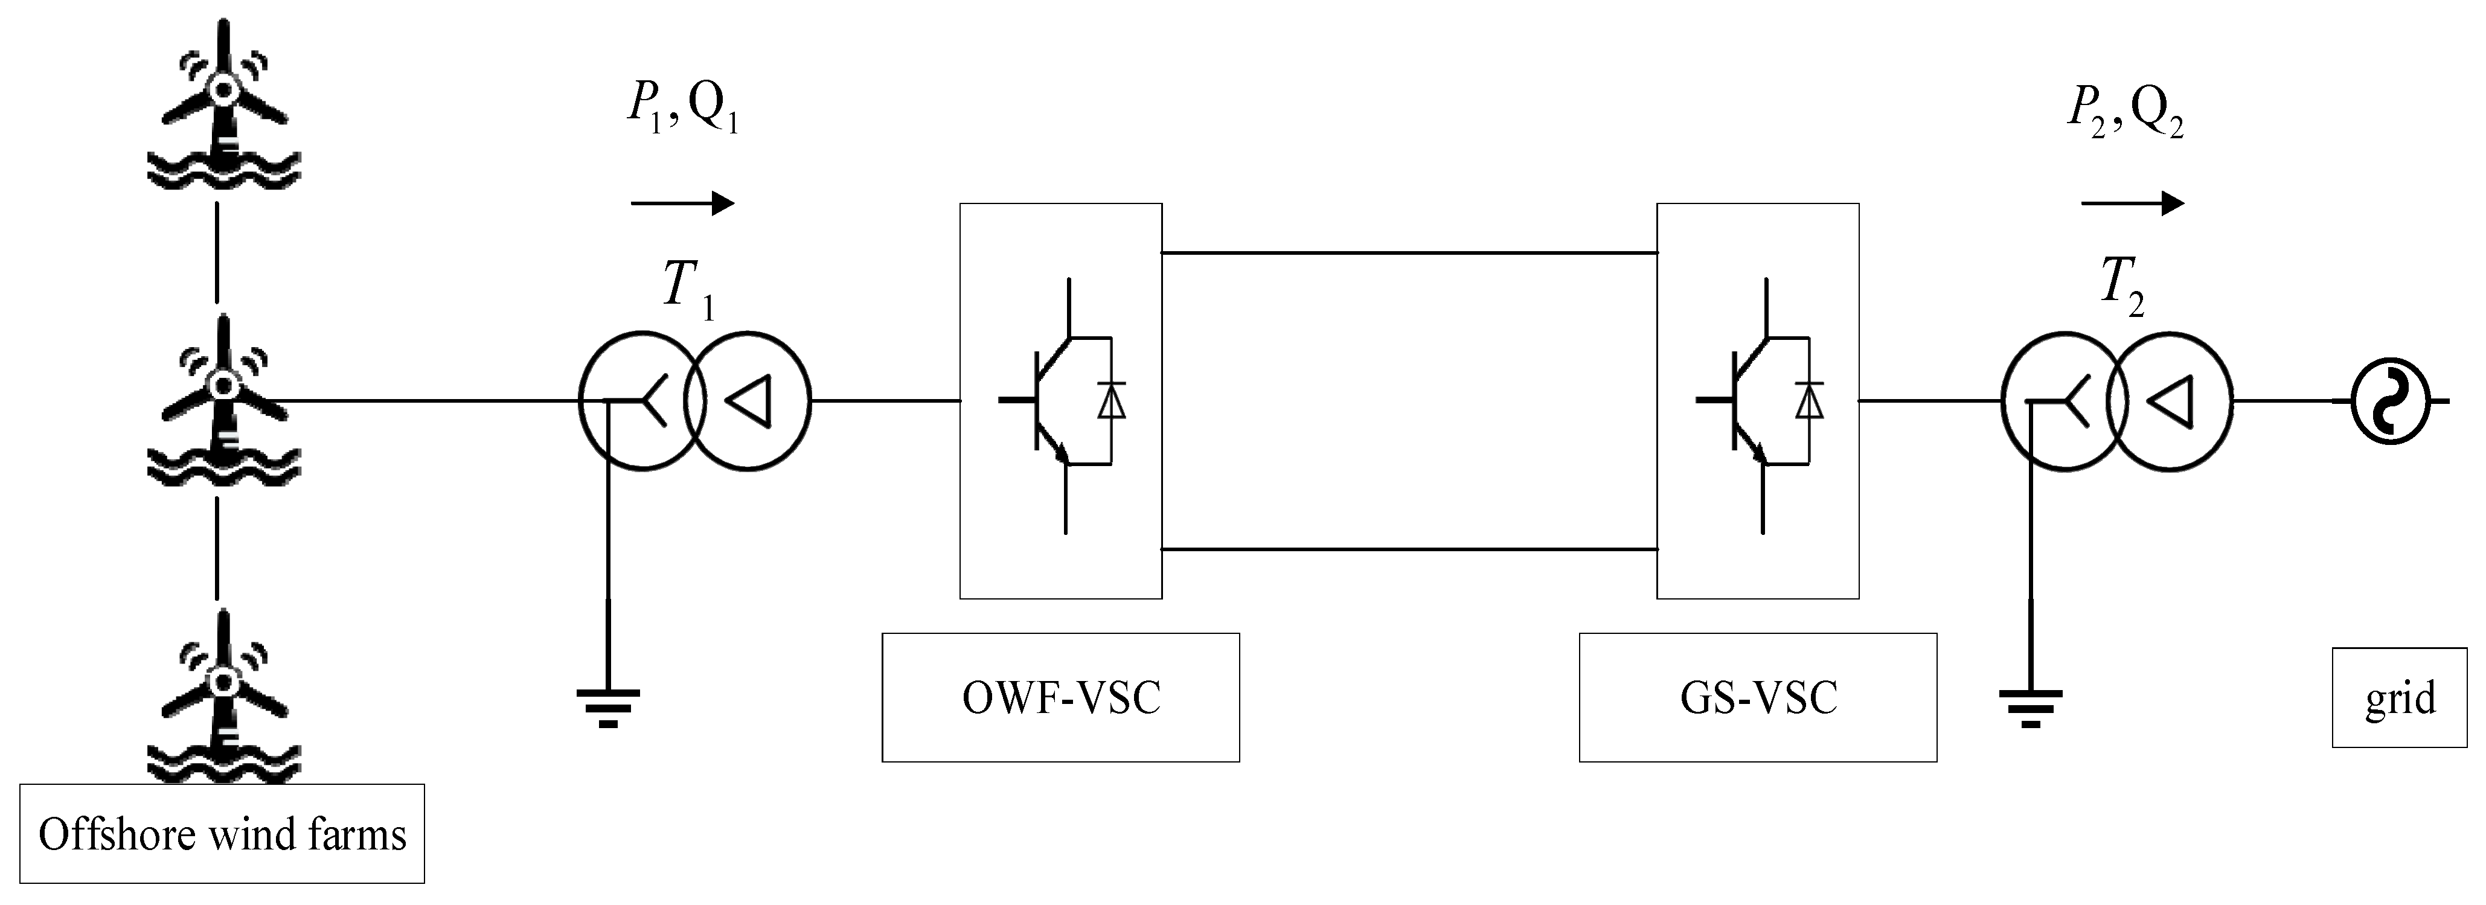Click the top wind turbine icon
click(x=224, y=106)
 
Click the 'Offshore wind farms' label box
click(x=222, y=834)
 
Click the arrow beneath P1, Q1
click(x=682, y=203)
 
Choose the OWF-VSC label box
click(x=1060, y=697)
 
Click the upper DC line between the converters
click(x=1409, y=253)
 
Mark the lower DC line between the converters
click(x=1409, y=549)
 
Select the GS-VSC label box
click(x=1758, y=697)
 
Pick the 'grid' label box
click(x=2399, y=697)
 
